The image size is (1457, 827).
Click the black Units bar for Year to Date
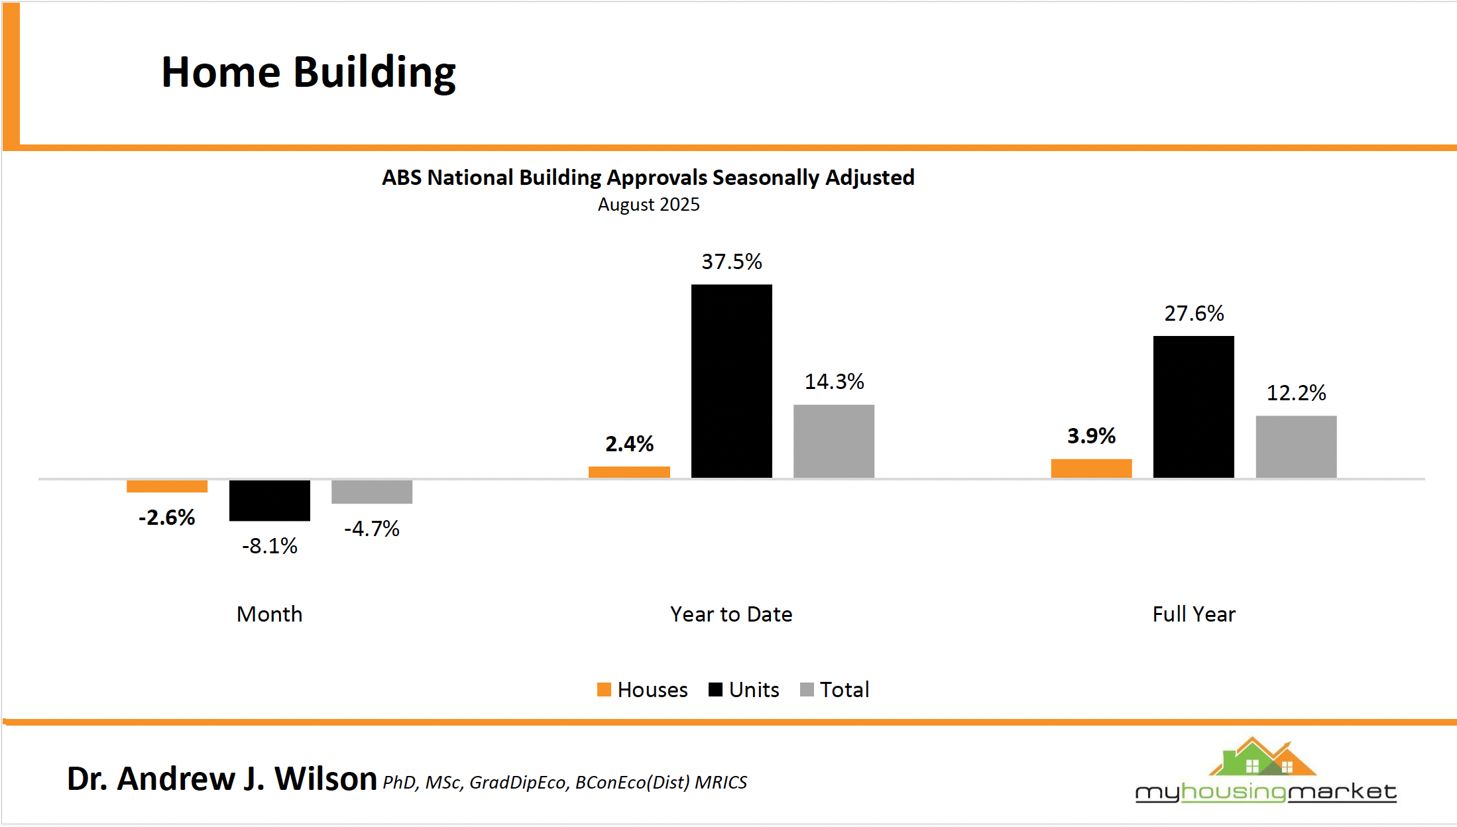tap(731, 381)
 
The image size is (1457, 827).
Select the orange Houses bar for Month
tap(167, 486)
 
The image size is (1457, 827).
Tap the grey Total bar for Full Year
tap(1296, 447)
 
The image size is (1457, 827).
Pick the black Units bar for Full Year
tap(1193, 407)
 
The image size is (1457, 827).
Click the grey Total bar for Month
tap(372, 492)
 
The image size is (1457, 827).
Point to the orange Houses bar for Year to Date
tap(629, 472)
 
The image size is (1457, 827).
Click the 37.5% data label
tap(732, 262)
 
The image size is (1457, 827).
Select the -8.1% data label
tap(270, 546)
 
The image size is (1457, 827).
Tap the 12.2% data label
tap(1296, 393)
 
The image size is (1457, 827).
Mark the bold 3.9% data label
tap(1091, 436)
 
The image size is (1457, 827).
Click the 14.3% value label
tap(834, 382)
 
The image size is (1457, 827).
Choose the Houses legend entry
tap(642, 690)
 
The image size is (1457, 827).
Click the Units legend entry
tap(744, 690)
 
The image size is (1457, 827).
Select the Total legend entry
tap(835, 690)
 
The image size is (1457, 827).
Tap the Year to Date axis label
tap(731, 614)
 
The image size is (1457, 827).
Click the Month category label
tap(270, 614)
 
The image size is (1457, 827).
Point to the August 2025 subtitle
tap(648, 205)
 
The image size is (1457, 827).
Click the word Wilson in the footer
tap(325, 779)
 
